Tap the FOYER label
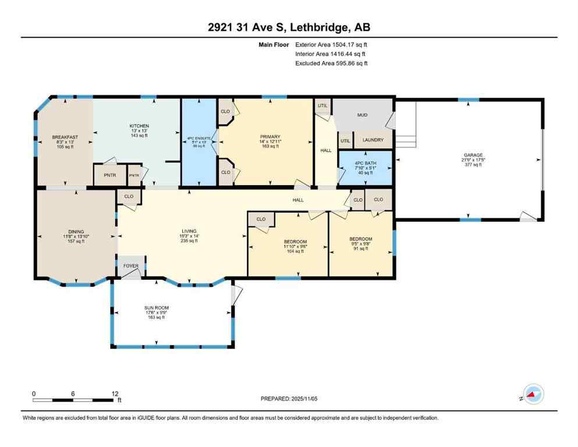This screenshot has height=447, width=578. tap(130, 266)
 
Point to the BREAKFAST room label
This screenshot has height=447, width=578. tap(65, 137)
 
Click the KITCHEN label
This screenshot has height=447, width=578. tap(139, 126)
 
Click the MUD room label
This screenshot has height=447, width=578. tap(362, 115)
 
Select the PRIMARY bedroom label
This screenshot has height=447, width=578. tap(270, 137)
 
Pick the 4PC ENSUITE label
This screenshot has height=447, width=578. tap(198, 139)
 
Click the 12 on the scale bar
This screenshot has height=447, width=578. tap(115, 393)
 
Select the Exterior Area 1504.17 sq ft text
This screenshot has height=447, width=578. tap(331, 44)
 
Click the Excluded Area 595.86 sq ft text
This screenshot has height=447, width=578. tap(331, 63)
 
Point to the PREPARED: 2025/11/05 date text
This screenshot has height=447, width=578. tap(289, 399)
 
